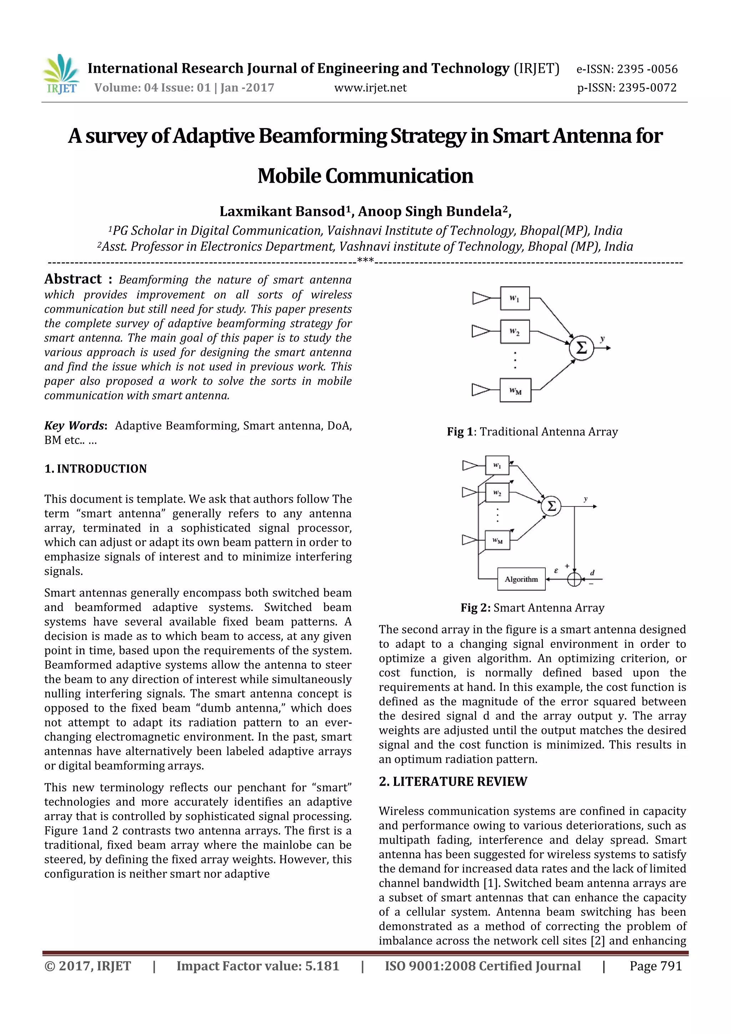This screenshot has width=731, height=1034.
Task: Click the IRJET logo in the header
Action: tap(61, 74)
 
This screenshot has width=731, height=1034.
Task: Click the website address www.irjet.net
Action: tap(370, 88)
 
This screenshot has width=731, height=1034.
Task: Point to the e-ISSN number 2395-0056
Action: tap(627, 69)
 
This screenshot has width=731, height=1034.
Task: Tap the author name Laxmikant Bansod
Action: tap(282, 211)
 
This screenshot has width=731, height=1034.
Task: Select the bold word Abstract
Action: tap(73, 279)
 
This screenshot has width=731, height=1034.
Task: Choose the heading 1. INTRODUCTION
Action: tap(96, 469)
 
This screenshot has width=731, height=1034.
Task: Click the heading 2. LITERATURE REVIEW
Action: tap(453, 781)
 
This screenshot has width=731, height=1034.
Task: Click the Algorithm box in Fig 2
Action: tap(521, 579)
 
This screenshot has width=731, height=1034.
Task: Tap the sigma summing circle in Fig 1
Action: tap(581, 348)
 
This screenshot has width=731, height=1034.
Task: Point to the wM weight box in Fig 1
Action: tap(515, 390)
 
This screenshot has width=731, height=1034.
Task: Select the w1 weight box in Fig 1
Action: tap(515, 298)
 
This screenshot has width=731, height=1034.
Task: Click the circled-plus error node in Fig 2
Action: tap(574, 579)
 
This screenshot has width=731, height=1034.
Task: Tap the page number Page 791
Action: tap(655, 966)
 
